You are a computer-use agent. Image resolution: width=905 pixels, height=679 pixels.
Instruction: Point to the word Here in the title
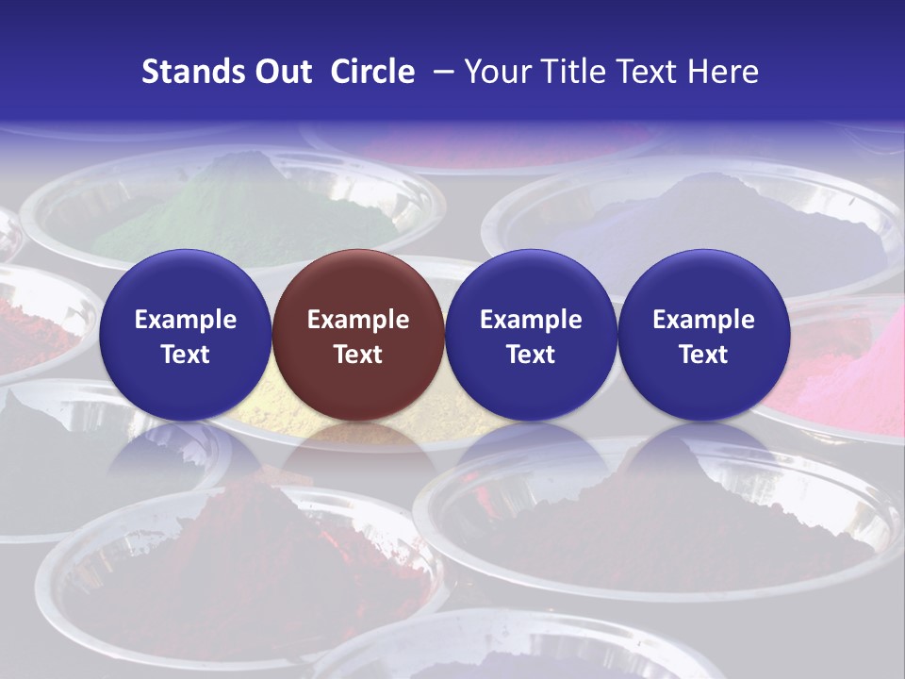[x=723, y=72]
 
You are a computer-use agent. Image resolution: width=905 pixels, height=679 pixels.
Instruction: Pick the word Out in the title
[x=283, y=72]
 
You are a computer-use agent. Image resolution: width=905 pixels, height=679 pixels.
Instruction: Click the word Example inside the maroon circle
[x=357, y=320]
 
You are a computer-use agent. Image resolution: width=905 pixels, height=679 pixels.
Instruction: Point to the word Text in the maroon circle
[x=357, y=355]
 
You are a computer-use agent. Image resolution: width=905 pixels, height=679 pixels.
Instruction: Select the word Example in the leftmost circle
[x=185, y=320]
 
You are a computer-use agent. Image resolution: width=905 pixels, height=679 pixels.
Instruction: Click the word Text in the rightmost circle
[x=703, y=355]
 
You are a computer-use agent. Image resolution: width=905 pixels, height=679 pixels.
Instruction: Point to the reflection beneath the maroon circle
[x=357, y=453]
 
